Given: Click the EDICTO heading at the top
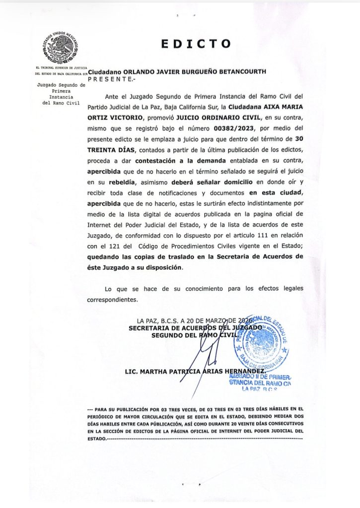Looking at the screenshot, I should [x=196, y=44].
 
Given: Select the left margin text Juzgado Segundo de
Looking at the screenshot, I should [x=62, y=85].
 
